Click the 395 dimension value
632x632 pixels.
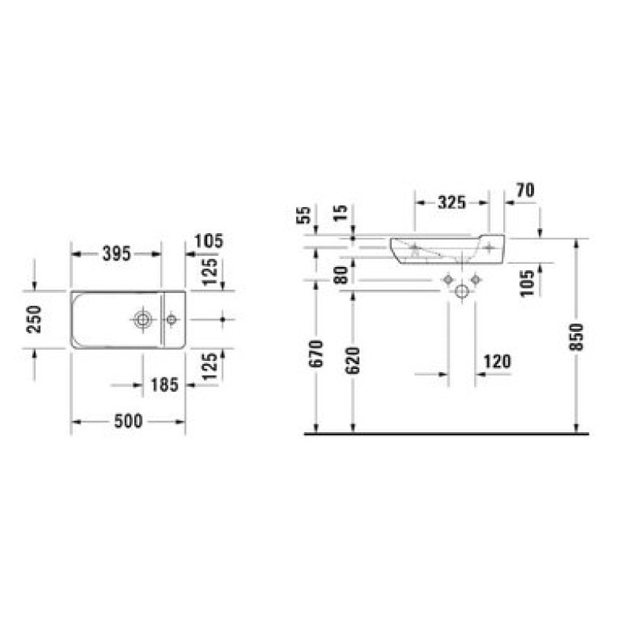click(117, 254)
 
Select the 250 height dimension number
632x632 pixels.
click(34, 319)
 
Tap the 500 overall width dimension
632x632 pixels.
click(129, 421)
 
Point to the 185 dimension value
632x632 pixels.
click(164, 385)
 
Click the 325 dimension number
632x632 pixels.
click(452, 202)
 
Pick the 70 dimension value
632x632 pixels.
click(525, 190)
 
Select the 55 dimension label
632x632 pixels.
click(304, 215)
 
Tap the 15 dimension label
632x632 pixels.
click(340, 213)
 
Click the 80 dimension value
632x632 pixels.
click(341, 275)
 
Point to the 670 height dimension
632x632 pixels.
click(317, 353)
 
